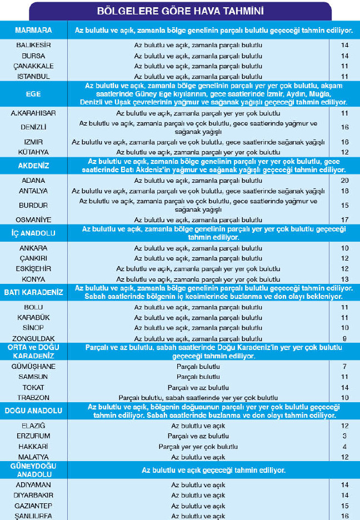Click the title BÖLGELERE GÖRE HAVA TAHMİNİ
coord(180,11)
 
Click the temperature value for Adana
coord(344,181)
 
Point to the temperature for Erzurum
coord(344,436)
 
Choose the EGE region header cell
coord(33,94)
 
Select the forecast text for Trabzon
coord(198,398)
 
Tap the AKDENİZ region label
coord(33,165)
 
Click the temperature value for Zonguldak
coord(344,338)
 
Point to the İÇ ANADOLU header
coord(33,232)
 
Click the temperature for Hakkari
coord(344,447)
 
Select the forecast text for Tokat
coord(198,387)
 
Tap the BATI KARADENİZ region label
coord(33,292)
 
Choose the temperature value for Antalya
coord(344,191)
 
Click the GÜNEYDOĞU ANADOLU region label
coord(33,469)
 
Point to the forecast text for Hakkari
coord(198,447)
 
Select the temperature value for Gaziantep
coord(344,506)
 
